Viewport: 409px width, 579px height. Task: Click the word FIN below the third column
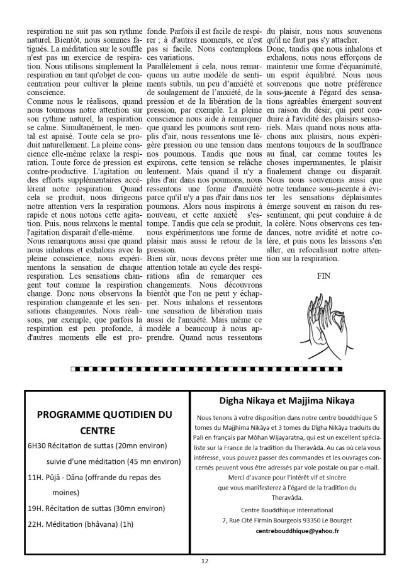pyautogui.click(x=324, y=275)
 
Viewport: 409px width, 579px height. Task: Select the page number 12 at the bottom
pyautogui.click(x=204, y=561)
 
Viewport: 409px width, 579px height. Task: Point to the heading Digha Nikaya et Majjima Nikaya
pyautogui.click(x=296, y=400)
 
